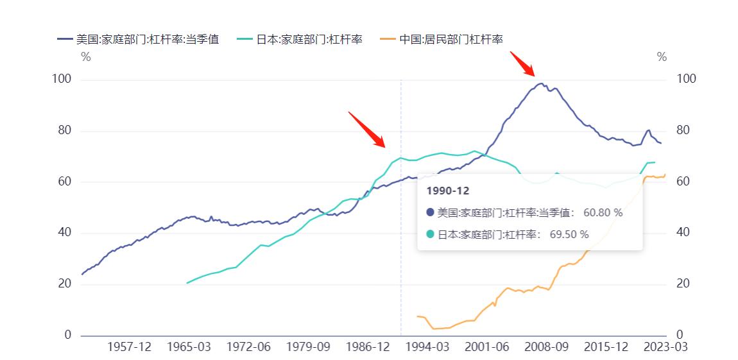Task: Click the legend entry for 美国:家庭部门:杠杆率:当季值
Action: pyautogui.click(x=147, y=39)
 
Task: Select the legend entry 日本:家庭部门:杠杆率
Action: pyautogui.click(x=309, y=39)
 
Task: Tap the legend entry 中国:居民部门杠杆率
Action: pyautogui.click(x=451, y=39)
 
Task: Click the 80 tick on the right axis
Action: pyautogui.click(x=686, y=130)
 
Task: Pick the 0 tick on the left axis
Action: pyautogui.click(x=68, y=335)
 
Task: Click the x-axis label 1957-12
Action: pyautogui.click(x=129, y=347)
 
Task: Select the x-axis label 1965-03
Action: pyautogui.click(x=189, y=347)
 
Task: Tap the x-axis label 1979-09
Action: pyautogui.click(x=308, y=347)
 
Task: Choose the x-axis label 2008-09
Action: pyautogui.click(x=547, y=347)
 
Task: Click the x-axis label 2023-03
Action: pyautogui.click(x=666, y=347)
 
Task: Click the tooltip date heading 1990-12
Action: pyautogui.click(x=448, y=191)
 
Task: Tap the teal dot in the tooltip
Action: pyautogui.click(x=431, y=234)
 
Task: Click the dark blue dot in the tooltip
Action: pyautogui.click(x=431, y=212)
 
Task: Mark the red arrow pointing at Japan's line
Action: pyautogui.click(x=366, y=129)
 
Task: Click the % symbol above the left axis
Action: pyautogui.click(x=85, y=57)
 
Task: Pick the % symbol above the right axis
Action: pyautogui.click(x=662, y=57)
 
